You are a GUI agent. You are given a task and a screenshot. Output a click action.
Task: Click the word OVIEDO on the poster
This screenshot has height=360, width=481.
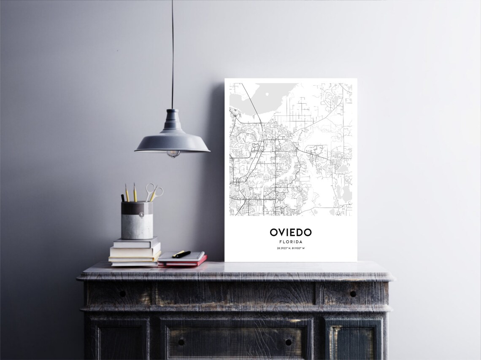pyautogui.click(x=291, y=232)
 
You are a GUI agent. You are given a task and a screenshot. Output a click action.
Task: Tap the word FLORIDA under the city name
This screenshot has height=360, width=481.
pyautogui.click(x=291, y=242)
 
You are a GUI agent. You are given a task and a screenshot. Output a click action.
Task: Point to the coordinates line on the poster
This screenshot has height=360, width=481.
pyautogui.click(x=291, y=248)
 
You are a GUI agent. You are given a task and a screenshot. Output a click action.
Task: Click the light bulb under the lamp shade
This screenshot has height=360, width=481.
pyautogui.click(x=173, y=154)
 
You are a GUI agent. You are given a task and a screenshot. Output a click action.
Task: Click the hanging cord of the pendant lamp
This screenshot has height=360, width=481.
pyautogui.click(x=172, y=55)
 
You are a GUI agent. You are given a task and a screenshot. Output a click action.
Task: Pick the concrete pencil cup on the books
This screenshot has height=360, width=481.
pyautogui.click(x=137, y=220)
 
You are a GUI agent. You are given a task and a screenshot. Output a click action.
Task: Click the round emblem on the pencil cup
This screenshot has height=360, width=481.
pyautogui.click(x=141, y=215)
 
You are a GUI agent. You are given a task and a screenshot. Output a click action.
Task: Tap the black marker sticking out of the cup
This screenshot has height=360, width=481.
pyautogui.click(x=123, y=197)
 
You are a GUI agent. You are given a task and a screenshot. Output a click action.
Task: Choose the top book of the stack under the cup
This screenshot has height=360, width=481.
pyautogui.click(x=136, y=242)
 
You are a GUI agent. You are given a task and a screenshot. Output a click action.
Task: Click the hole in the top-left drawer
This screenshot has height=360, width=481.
pyautogui.click(x=122, y=293)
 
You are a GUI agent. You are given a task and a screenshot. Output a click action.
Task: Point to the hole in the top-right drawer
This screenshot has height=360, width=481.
pyautogui.click(x=353, y=294)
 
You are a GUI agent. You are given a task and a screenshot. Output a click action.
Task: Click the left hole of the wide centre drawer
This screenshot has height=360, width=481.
pyautogui.click(x=181, y=342)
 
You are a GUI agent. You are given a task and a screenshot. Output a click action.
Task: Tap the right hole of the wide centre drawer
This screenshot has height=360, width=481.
pyautogui.click(x=289, y=342)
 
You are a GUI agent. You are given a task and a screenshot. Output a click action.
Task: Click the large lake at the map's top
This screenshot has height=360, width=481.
pyautogui.click(x=270, y=95)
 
